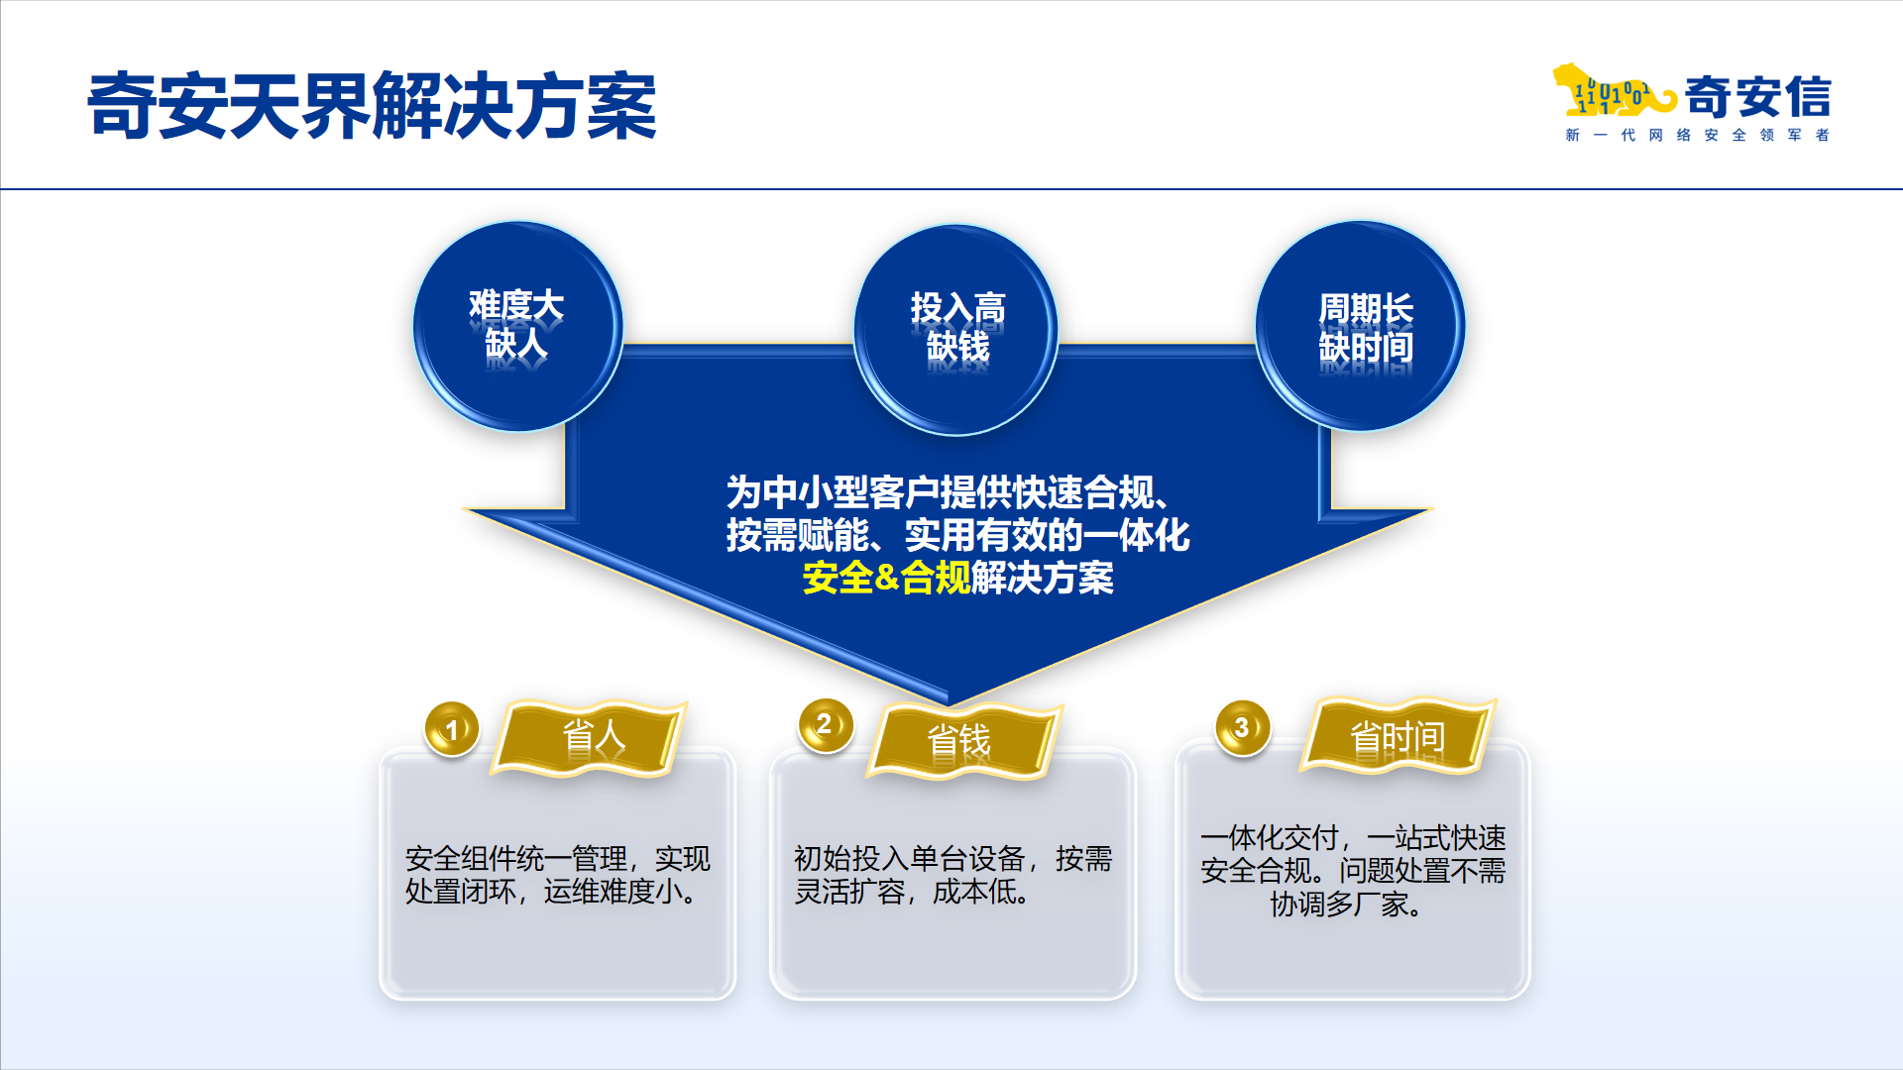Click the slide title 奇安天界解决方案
pyautogui.click(x=372, y=105)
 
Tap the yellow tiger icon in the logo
pyautogui.click(x=1614, y=91)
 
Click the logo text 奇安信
pyautogui.click(x=1757, y=97)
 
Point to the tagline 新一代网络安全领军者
pyautogui.click(x=1697, y=135)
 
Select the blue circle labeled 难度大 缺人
pyautogui.click(x=517, y=326)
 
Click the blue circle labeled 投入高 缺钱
pyautogui.click(x=956, y=330)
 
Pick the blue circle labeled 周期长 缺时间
pyautogui.click(x=1360, y=326)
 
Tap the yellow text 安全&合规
pyautogui.click(x=886, y=578)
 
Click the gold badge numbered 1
pyautogui.click(x=452, y=729)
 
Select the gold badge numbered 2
pyautogui.click(x=826, y=724)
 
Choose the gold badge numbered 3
pyautogui.click(x=1243, y=728)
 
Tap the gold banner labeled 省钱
pyautogui.click(x=963, y=741)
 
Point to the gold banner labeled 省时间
pyautogui.click(x=1398, y=736)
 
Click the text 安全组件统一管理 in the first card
pyautogui.click(x=516, y=858)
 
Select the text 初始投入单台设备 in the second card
pyautogui.click(x=909, y=858)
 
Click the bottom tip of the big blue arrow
pyautogui.click(x=949, y=704)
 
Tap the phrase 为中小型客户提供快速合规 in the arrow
pyautogui.click(x=941, y=491)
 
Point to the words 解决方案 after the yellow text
pyautogui.click(x=1043, y=578)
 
